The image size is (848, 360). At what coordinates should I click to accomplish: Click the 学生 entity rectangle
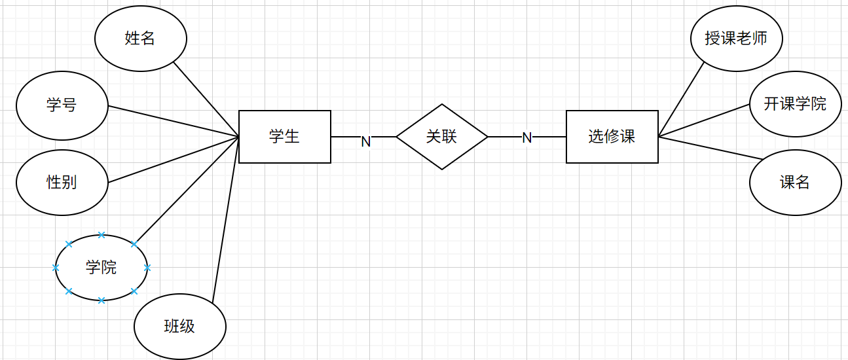coord(284,137)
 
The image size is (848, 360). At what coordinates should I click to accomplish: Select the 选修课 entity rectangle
coord(612,137)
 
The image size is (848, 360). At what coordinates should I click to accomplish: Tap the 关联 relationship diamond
coord(442,137)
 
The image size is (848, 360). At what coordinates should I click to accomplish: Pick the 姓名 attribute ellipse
coord(140,39)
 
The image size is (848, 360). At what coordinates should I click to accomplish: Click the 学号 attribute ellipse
coord(62,105)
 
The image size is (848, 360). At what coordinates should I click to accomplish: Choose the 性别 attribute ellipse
coord(62,182)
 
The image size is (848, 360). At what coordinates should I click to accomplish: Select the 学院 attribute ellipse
coord(101,268)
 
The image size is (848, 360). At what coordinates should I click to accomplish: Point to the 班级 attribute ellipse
coord(179,326)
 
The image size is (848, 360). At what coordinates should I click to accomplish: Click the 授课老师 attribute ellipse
coord(736,39)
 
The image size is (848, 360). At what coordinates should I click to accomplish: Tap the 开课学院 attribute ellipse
coord(795,104)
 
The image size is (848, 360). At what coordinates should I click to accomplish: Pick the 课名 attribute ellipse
coord(795,183)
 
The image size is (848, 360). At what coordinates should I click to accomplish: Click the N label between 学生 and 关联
coord(366,141)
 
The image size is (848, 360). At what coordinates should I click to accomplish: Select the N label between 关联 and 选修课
coord(526,138)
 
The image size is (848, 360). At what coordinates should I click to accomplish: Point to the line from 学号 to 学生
coord(174,122)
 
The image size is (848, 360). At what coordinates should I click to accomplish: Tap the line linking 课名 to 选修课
coord(710,148)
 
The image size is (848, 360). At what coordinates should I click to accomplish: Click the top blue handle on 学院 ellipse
coord(101,235)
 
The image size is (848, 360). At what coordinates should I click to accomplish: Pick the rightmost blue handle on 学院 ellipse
coord(147,268)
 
